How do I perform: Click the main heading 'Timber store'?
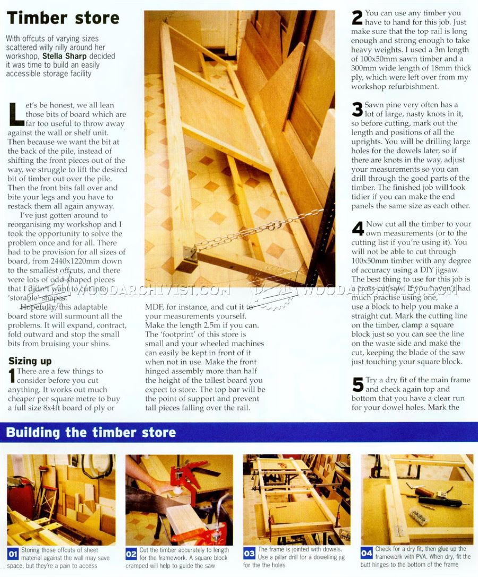(63, 18)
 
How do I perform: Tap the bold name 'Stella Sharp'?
(64, 56)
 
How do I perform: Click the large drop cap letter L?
(16, 114)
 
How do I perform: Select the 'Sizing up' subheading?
(30, 361)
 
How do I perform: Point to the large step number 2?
(357, 18)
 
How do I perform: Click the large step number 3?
(357, 110)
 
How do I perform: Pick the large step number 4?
(358, 229)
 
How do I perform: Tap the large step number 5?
(357, 384)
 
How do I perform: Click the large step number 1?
(12, 375)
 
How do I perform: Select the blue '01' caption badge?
(13, 554)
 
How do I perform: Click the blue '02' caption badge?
(131, 554)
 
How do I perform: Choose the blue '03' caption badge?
(249, 553)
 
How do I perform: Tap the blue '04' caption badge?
(366, 553)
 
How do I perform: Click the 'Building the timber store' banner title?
(91, 432)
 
